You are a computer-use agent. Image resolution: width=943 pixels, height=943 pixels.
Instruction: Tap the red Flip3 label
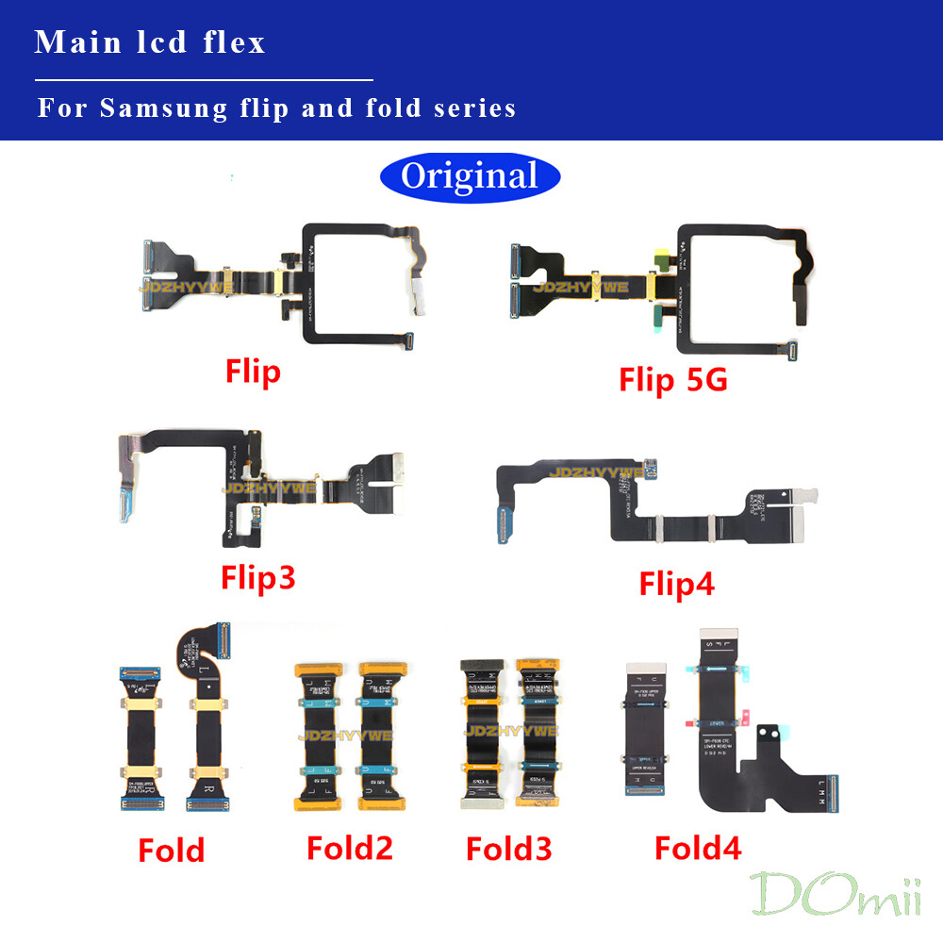click(x=258, y=576)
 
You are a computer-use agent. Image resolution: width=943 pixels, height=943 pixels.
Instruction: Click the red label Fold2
click(x=349, y=848)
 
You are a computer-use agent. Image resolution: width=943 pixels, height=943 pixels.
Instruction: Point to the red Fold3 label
click(x=509, y=848)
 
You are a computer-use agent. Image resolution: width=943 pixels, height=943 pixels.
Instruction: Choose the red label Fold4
click(x=698, y=847)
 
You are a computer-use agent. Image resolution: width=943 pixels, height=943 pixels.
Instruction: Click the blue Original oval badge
click(x=470, y=176)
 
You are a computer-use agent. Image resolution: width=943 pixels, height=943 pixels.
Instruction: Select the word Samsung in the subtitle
click(x=163, y=108)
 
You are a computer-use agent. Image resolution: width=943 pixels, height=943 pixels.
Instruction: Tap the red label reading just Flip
click(x=253, y=372)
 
